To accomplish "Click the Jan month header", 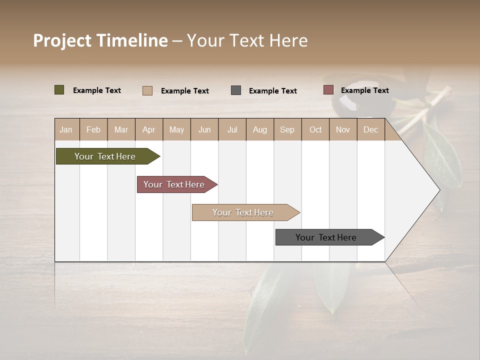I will [x=66, y=129].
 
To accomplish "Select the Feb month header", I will [x=93, y=129].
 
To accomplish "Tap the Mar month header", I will [x=121, y=129].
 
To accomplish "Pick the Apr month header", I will [x=149, y=129].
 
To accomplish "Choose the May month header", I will [x=176, y=129].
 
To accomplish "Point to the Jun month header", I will [x=204, y=129].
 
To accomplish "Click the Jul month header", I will [x=232, y=129].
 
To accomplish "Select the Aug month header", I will [x=260, y=129].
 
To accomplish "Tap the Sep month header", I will [x=287, y=129].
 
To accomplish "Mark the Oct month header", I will [x=315, y=129].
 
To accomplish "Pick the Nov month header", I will [x=343, y=129].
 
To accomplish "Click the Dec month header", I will [x=371, y=129].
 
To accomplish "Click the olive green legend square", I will [x=59, y=90].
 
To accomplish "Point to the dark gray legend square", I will [x=236, y=90].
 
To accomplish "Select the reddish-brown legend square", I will [x=328, y=90].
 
